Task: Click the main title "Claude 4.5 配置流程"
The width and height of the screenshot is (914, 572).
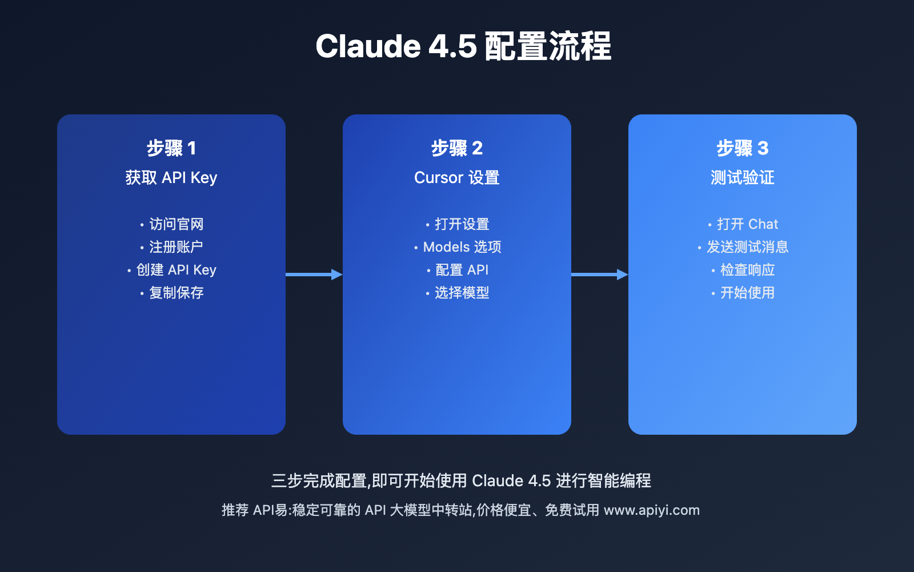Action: pyautogui.click(x=463, y=46)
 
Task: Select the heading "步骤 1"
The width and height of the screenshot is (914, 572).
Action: pyautogui.click(x=171, y=148)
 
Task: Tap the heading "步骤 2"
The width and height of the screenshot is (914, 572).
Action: pyautogui.click(x=457, y=148)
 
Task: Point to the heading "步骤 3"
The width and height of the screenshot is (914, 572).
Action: pyautogui.click(x=743, y=148)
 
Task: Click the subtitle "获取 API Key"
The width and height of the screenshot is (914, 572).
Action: pyautogui.click(x=171, y=178)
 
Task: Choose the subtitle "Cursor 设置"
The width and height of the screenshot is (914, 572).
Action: pyautogui.click(x=457, y=178)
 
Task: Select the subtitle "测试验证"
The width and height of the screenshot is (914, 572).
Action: pyautogui.click(x=743, y=178)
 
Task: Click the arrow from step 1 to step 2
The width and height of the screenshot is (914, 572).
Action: pyautogui.click(x=314, y=275)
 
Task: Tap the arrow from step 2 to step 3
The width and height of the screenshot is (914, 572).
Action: pyautogui.click(x=599, y=275)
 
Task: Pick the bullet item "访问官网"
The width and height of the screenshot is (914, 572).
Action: pyautogui.click(x=176, y=224)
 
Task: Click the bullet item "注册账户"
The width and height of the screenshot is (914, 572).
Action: pyautogui.click(x=176, y=247)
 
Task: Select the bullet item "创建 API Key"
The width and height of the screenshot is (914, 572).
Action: pyautogui.click(x=176, y=270)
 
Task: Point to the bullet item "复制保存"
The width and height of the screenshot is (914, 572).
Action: pyautogui.click(x=176, y=293)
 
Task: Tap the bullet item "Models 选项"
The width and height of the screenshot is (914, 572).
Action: pyautogui.click(x=462, y=247)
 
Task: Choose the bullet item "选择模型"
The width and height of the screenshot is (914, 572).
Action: pyautogui.click(x=462, y=293)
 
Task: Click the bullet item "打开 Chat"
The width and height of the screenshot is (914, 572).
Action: pyautogui.click(x=747, y=224)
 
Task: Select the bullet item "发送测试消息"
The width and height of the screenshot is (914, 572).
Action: pyautogui.click(x=747, y=247)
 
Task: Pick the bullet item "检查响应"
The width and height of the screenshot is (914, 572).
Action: pyautogui.click(x=747, y=270)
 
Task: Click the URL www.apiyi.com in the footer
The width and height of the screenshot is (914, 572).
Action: pyautogui.click(x=651, y=510)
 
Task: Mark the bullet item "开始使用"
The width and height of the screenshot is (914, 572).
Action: pyautogui.click(x=747, y=293)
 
